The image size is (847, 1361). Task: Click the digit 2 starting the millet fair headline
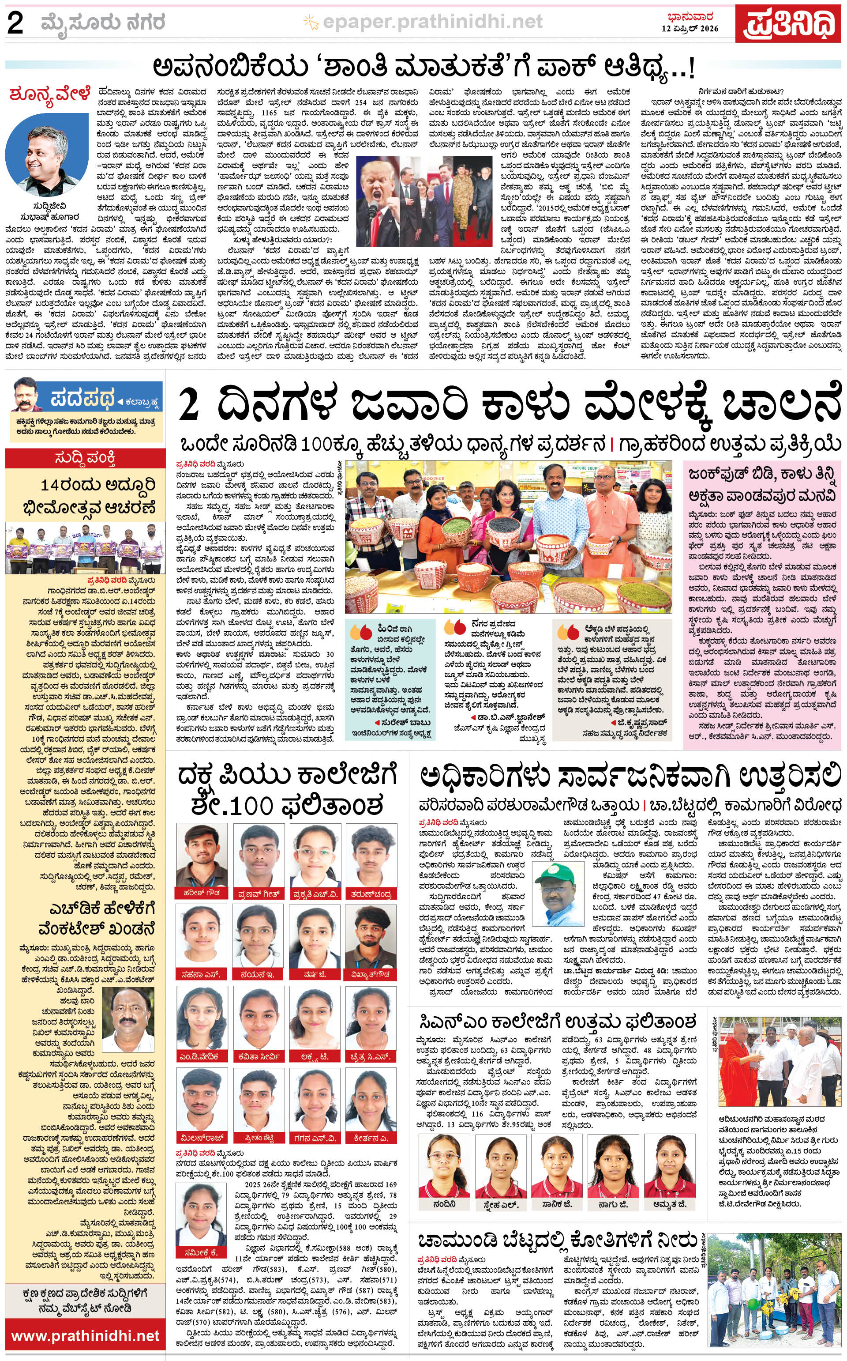[191, 407]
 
